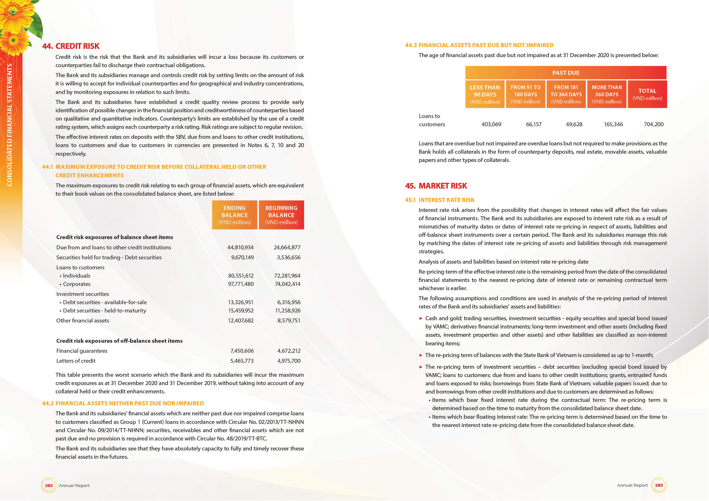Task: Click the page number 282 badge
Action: coord(49,485)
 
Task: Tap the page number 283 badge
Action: coord(659,485)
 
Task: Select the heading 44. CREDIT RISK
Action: coord(71,46)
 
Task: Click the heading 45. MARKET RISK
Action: coord(436,186)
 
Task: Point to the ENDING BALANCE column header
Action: coord(234,215)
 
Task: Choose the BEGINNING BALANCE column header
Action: coord(281,215)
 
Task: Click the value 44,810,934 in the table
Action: coord(240,247)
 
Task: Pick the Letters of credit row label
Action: coord(76,361)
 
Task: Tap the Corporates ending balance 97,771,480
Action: coord(240,284)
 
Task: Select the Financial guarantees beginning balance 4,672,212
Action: coord(289,351)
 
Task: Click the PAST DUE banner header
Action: coord(565,73)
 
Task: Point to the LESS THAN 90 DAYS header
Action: coord(485,94)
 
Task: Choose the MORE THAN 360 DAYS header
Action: coord(606,94)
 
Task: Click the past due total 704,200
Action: coord(654,124)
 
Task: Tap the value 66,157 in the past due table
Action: coord(533,124)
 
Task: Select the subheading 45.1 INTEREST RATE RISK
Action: coord(439,200)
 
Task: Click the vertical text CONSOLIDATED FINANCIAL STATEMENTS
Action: coord(9,125)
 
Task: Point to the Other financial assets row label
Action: coord(82,320)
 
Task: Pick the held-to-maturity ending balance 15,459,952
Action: coord(240,310)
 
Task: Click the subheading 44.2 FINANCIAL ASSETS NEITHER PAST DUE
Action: coord(123,403)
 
